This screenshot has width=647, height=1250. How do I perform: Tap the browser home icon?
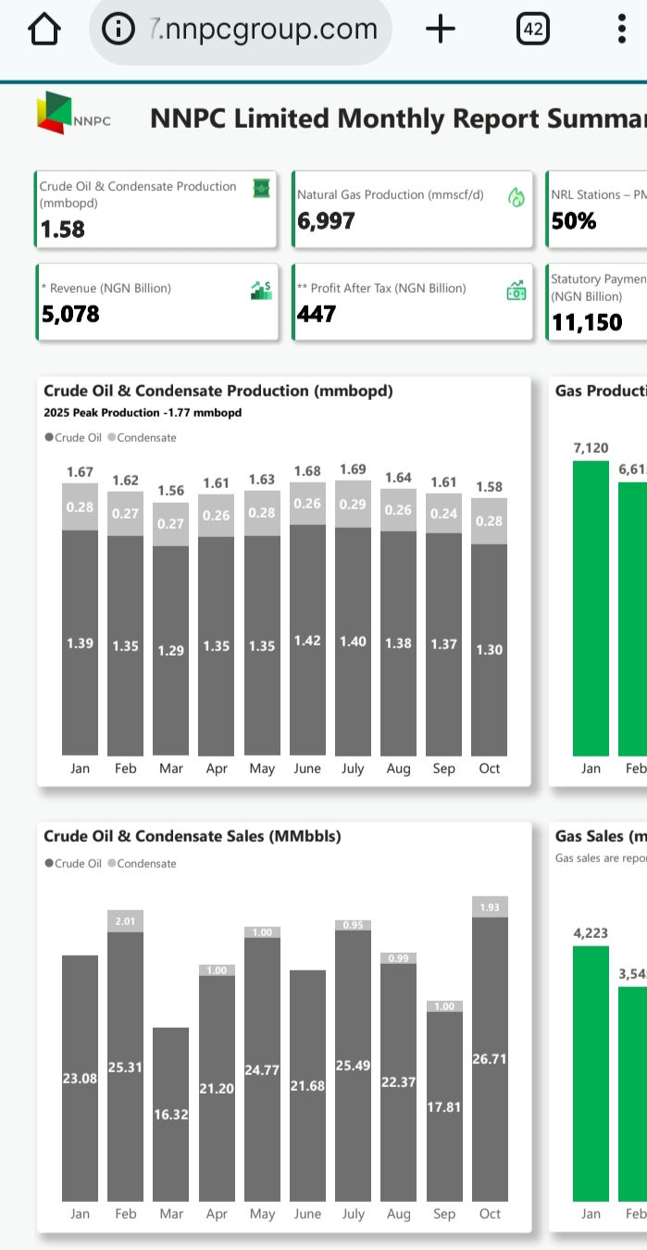pyautogui.click(x=44, y=30)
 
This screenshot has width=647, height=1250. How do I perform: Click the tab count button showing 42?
pyautogui.click(x=532, y=30)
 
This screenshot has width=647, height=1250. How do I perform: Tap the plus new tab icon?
pyautogui.click(x=441, y=30)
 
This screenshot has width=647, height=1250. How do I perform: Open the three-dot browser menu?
pyautogui.click(x=622, y=30)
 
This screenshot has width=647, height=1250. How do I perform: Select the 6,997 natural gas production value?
pyautogui.click(x=326, y=221)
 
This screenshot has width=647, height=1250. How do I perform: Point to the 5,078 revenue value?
pyautogui.click(x=69, y=314)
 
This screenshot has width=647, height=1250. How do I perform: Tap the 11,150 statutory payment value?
pyautogui.click(x=587, y=322)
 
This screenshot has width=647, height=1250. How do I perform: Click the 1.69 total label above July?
pyautogui.click(x=353, y=469)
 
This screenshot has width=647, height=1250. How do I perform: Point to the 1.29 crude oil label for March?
pyautogui.click(x=171, y=651)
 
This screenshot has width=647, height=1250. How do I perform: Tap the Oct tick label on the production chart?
pyautogui.click(x=490, y=769)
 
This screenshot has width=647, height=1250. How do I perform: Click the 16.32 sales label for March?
pyautogui.click(x=171, y=1115)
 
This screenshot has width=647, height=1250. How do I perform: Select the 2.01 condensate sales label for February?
pyautogui.click(x=126, y=921)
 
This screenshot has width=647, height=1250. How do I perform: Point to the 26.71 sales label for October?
pyautogui.click(x=490, y=1058)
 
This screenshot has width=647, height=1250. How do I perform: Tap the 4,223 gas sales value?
pyautogui.click(x=591, y=932)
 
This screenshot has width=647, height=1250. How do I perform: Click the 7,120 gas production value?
pyautogui.click(x=591, y=448)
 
